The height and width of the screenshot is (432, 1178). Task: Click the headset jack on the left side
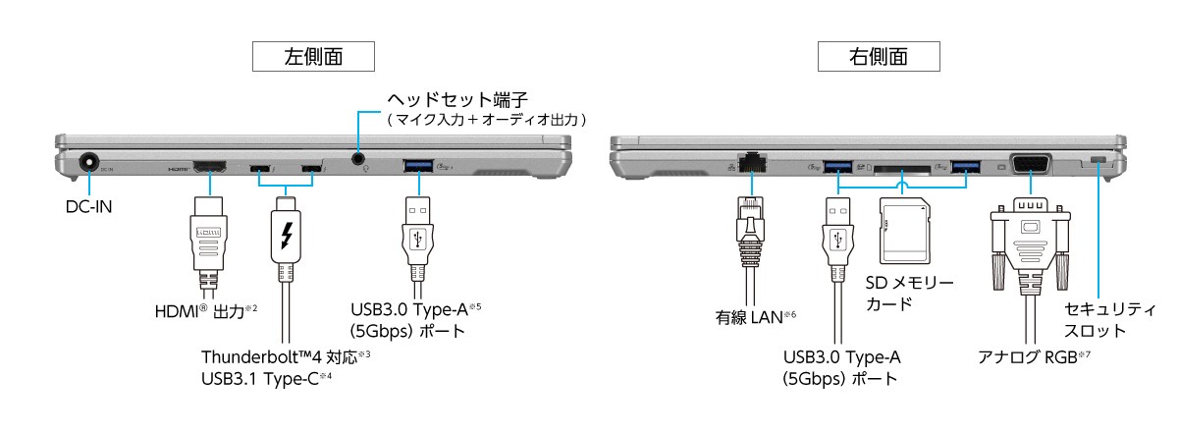tap(360, 156)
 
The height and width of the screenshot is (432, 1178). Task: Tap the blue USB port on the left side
tap(422, 164)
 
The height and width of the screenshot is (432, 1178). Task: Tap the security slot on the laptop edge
tap(1098, 161)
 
